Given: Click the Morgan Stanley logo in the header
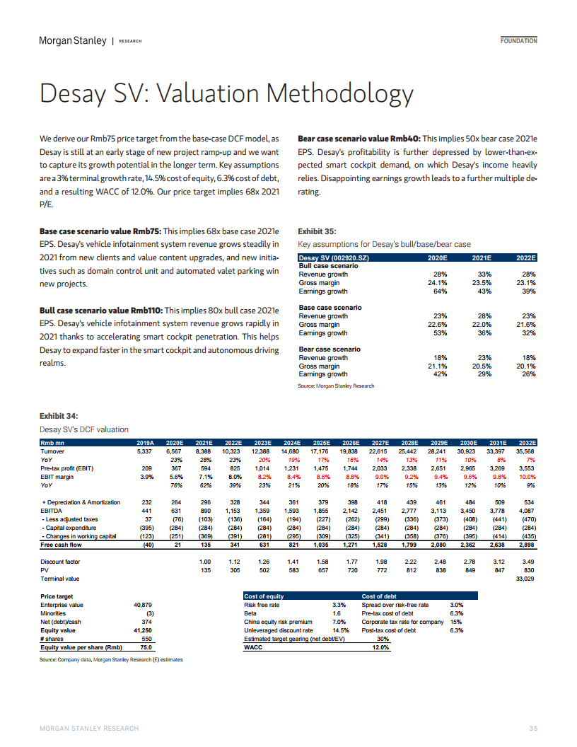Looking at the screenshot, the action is [x=73, y=40].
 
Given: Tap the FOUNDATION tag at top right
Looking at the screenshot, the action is [x=518, y=41].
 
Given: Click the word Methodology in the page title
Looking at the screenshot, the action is [x=339, y=93].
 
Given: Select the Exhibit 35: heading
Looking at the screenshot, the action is [x=317, y=231].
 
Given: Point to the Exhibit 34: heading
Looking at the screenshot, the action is [x=59, y=416].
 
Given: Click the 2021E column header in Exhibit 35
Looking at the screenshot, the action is [x=482, y=257].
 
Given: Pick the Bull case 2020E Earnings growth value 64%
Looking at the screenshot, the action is [x=440, y=291].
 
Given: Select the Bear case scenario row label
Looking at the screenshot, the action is [x=330, y=349].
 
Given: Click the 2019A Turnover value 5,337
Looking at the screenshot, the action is [x=144, y=451].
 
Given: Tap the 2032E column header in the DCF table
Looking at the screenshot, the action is [x=527, y=443].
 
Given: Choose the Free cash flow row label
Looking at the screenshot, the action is [x=61, y=545].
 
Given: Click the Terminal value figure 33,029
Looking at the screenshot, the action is [x=525, y=579].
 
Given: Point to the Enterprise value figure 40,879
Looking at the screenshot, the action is [x=143, y=605].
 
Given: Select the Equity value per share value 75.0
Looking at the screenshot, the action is [x=146, y=647].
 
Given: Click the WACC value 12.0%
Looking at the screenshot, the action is [x=380, y=647].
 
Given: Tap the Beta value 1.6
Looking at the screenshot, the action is [x=337, y=613].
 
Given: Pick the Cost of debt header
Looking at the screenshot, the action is [x=379, y=596].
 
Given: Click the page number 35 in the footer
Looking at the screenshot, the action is [x=533, y=729].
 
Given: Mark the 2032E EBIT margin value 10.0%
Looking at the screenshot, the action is [x=527, y=477].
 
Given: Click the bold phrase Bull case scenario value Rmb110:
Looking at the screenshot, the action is [x=101, y=311].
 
